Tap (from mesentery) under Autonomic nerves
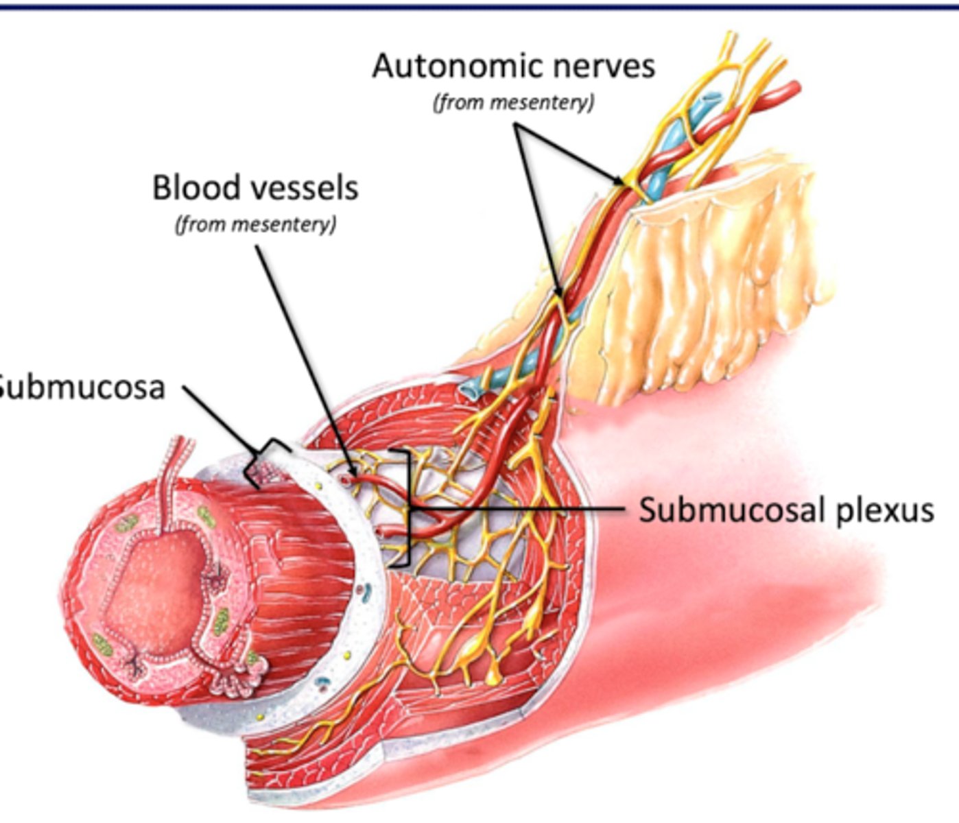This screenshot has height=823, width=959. pyautogui.click(x=513, y=102)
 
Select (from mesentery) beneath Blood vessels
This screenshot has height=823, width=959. pyautogui.click(x=256, y=224)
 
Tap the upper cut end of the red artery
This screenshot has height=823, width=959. pyautogui.click(x=794, y=88)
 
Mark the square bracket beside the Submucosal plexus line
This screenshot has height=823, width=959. pyautogui.click(x=405, y=508)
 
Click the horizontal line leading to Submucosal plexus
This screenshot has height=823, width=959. pyautogui.click(x=521, y=509)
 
